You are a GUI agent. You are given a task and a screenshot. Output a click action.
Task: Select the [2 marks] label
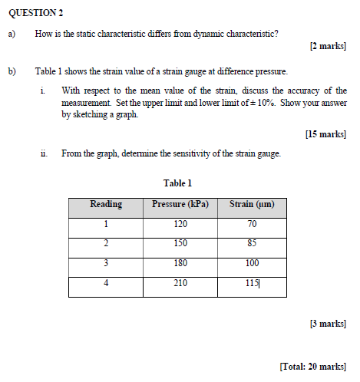pyautogui.click(x=328, y=46)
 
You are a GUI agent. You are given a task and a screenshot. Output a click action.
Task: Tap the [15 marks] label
pyautogui.click(x=325, y=134)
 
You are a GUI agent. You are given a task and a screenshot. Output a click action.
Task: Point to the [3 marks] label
pyautogui.click(x=328, y=323)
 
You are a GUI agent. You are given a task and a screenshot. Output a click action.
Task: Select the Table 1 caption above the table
pyautogui.click(x=177, y=183)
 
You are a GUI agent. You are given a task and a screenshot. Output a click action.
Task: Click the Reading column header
pyautogui.click(x=106, y=205)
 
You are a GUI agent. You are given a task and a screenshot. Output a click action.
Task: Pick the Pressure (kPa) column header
pyautogui.click(x=180, y=205)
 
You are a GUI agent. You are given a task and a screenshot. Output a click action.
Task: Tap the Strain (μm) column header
pyautogui.click(x=252, y=205)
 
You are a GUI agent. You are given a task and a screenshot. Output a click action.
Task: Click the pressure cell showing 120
pyautogui.click(x=180, y=225)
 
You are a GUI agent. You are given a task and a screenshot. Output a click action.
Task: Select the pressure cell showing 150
pyautogui.click(x=180, y=244)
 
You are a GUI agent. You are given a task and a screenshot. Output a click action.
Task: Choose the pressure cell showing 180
pyautogui.click(x=180, y=263)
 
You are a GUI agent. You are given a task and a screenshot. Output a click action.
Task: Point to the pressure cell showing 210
pyautogui.click(x=180, y=283)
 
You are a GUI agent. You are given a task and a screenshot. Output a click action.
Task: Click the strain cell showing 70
pyautogui.click(x=252, y=225)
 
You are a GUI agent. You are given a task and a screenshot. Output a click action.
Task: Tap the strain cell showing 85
pyautogui.click(x=252, y=244)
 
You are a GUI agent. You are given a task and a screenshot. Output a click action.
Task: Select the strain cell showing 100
pyautogui.click(x=252, y=263)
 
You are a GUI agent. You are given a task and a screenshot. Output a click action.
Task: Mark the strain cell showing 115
pyautogui.click(x=252, y=283)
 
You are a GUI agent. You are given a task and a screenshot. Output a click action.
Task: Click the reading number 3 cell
pyautogui.click(x=106, y=263)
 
